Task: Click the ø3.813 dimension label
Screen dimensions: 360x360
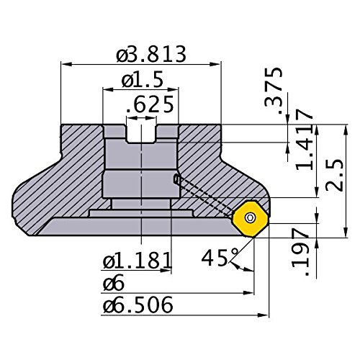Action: point(151,54)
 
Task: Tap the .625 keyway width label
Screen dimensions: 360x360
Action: point(150,104)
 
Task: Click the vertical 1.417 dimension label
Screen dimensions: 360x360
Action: point(305,140)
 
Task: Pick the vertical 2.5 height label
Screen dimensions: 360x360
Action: point(335,175)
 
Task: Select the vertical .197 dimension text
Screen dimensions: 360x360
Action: point(300,252)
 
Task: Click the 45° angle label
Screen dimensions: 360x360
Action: point(220,258)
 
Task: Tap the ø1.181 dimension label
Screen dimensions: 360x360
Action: point(137,260)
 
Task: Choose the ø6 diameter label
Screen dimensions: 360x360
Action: point(114,284)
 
